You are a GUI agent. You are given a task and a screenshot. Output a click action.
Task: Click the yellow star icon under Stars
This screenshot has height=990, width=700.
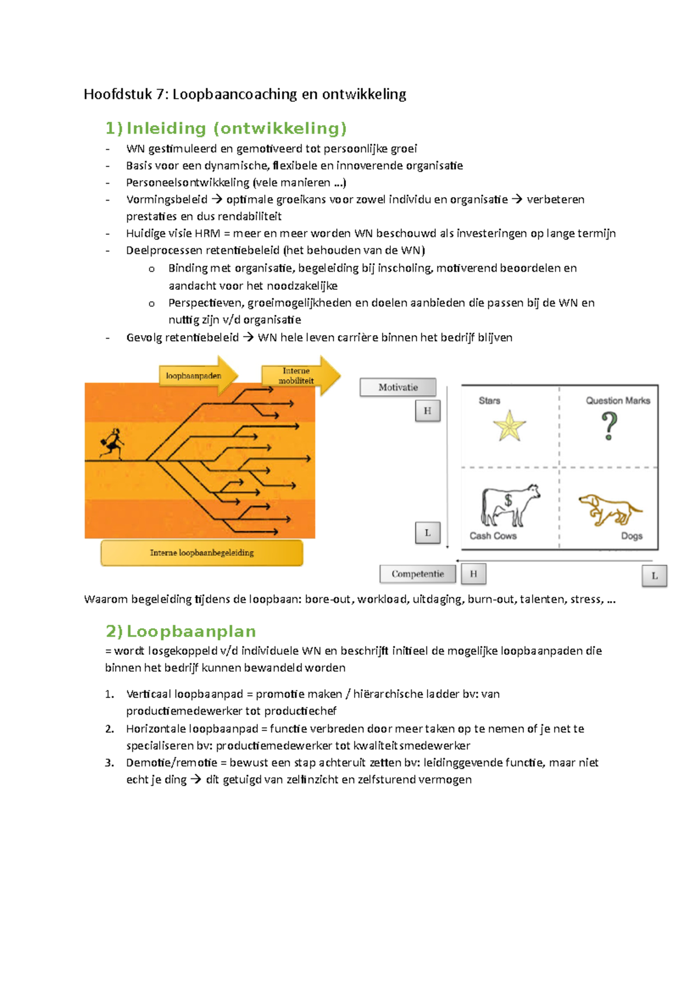(509, 426)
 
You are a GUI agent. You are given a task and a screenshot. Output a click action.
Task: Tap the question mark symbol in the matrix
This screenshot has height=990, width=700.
(609, 426)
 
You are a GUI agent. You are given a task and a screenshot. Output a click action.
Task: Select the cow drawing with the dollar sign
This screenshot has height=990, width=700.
(509, 504)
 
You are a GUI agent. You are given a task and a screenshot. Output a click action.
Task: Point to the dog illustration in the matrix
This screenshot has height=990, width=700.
(610, 509)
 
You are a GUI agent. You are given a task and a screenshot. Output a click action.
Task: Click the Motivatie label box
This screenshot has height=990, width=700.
(398, 387)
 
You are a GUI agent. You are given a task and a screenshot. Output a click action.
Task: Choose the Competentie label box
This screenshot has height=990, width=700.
(417, 574)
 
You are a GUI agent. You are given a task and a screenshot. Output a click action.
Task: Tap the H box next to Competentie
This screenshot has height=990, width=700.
(473, 574)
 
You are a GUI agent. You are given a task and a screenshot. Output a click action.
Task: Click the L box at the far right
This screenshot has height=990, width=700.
(654, 575)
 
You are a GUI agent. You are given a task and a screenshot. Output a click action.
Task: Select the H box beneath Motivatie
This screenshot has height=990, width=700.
(428, 411)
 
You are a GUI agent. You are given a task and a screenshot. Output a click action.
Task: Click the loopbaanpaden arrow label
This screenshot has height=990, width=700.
(194, 376)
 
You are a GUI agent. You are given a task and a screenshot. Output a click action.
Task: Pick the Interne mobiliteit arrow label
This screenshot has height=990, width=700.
(296, 375)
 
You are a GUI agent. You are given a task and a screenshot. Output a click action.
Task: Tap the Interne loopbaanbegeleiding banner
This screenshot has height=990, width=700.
(202, 553)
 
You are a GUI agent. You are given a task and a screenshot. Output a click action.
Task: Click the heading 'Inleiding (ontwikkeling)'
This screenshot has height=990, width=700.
(236, 128)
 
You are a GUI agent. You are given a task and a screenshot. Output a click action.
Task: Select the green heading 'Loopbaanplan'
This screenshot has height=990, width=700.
(191, 631)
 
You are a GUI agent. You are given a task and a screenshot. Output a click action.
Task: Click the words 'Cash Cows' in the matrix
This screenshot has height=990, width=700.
(493, 536)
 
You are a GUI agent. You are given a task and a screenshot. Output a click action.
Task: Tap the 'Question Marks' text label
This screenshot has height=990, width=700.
(618, 401)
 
